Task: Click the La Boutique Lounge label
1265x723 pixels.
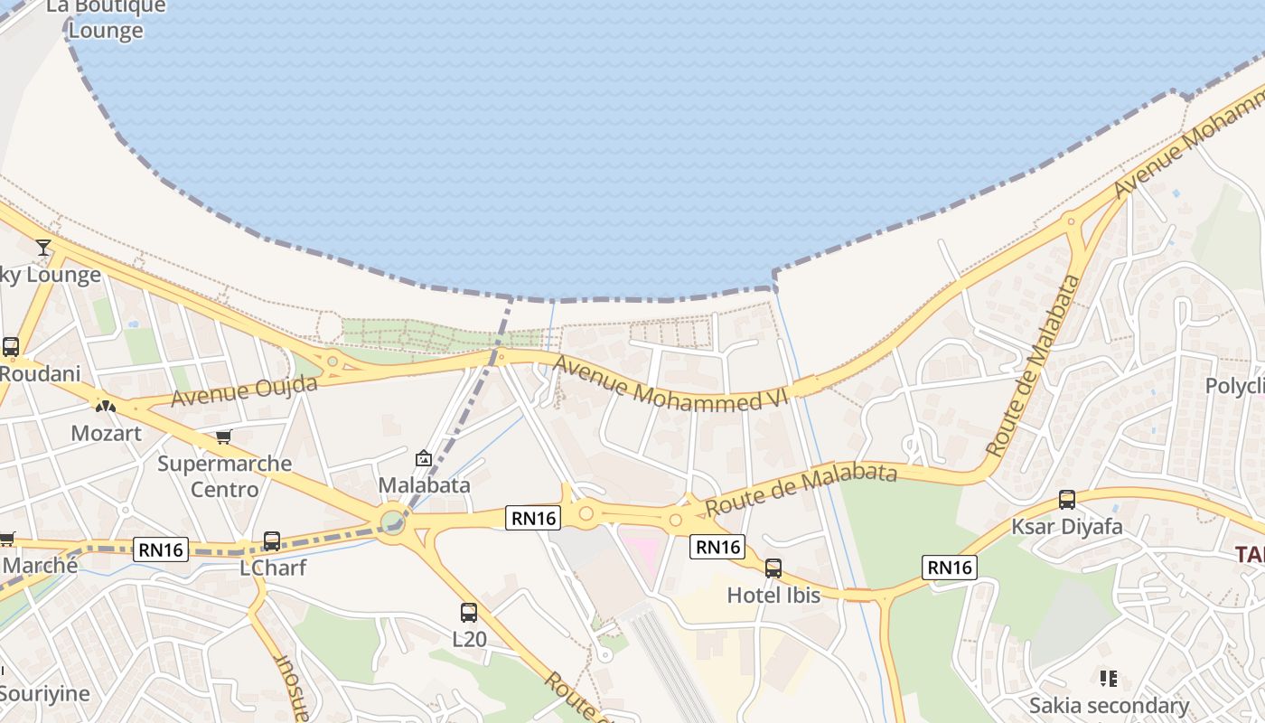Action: point(106,18)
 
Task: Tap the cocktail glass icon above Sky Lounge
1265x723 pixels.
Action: point(43,247)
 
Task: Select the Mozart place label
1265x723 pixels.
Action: point(107,433)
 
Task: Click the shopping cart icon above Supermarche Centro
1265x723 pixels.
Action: point(223,437)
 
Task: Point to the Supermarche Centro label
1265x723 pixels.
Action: point(224,476)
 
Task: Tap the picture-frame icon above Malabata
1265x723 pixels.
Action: point(423,458)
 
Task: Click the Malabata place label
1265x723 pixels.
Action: point(424,485)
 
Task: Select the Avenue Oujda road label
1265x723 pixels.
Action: point(244,391)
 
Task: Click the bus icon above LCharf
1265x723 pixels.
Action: point(272,541)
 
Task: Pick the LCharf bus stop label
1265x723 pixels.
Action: point(272,568)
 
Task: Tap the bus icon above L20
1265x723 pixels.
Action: point(469,613)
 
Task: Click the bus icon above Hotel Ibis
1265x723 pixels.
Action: point(773,568)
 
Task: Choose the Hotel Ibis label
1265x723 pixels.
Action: point(773,595)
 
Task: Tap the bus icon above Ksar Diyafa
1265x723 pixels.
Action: point(1067,500)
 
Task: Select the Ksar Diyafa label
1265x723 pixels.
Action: point(1067,526)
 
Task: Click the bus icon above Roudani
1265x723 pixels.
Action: point(11,347)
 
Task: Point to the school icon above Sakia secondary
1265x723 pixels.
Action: point(1109,679)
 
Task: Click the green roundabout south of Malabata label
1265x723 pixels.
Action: point(392,522)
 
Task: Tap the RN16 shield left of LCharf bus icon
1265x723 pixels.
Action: point(161,549)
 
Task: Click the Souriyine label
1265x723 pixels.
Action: point(45,694)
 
